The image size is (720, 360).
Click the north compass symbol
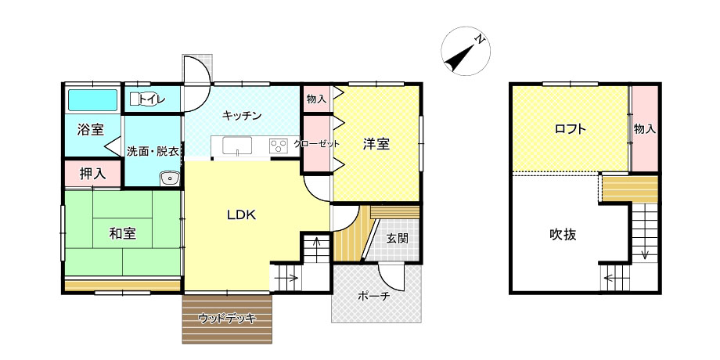click(x=466, y=51)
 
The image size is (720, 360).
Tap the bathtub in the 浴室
click(x=93, y=100)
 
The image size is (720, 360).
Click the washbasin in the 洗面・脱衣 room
click(x=169, y=178)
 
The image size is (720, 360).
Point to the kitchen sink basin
click(x=237, y=146)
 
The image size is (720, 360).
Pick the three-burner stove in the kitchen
click(x=279, y=146)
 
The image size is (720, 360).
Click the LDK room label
click(x=241, y=215)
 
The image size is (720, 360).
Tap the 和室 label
click(x=123, y=234)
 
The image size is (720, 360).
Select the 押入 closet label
click(x=93, y=174)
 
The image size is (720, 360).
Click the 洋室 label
click(x=376, y=144)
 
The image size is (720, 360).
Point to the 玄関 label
click(x=397, y=239)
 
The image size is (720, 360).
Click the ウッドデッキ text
click(x=227, y=318)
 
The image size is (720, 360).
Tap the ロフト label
click(x=571, y=129)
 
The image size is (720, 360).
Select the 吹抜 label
click(x=563, y=235)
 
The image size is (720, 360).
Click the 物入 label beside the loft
click(x=645, y=129)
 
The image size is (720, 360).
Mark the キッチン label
click(x=242, y=116)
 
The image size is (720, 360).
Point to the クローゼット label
click(x=317, y=144)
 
